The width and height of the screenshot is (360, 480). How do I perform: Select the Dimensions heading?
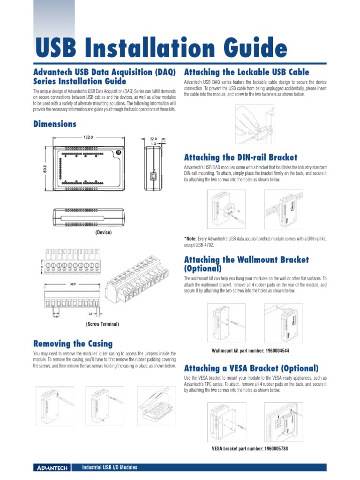tap(54, 124)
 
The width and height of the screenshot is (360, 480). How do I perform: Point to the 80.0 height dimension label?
tap(45, 167)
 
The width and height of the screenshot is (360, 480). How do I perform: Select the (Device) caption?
tap(103, 232)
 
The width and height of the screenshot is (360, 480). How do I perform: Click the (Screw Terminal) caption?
tap(102, 324)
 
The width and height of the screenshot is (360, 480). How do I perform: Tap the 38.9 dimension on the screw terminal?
tap(74, 285)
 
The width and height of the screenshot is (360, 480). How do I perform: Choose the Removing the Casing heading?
tap(73, 344)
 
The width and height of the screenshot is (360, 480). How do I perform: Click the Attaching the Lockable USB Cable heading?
tap(247, 72)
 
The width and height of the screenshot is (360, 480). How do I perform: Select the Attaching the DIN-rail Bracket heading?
tap(240, 157)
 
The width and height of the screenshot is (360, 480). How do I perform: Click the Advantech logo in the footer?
tap(52, 468)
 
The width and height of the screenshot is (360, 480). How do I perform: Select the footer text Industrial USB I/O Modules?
tap(109, 468)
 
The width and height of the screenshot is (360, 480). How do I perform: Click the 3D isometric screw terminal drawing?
tap(136, 286)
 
